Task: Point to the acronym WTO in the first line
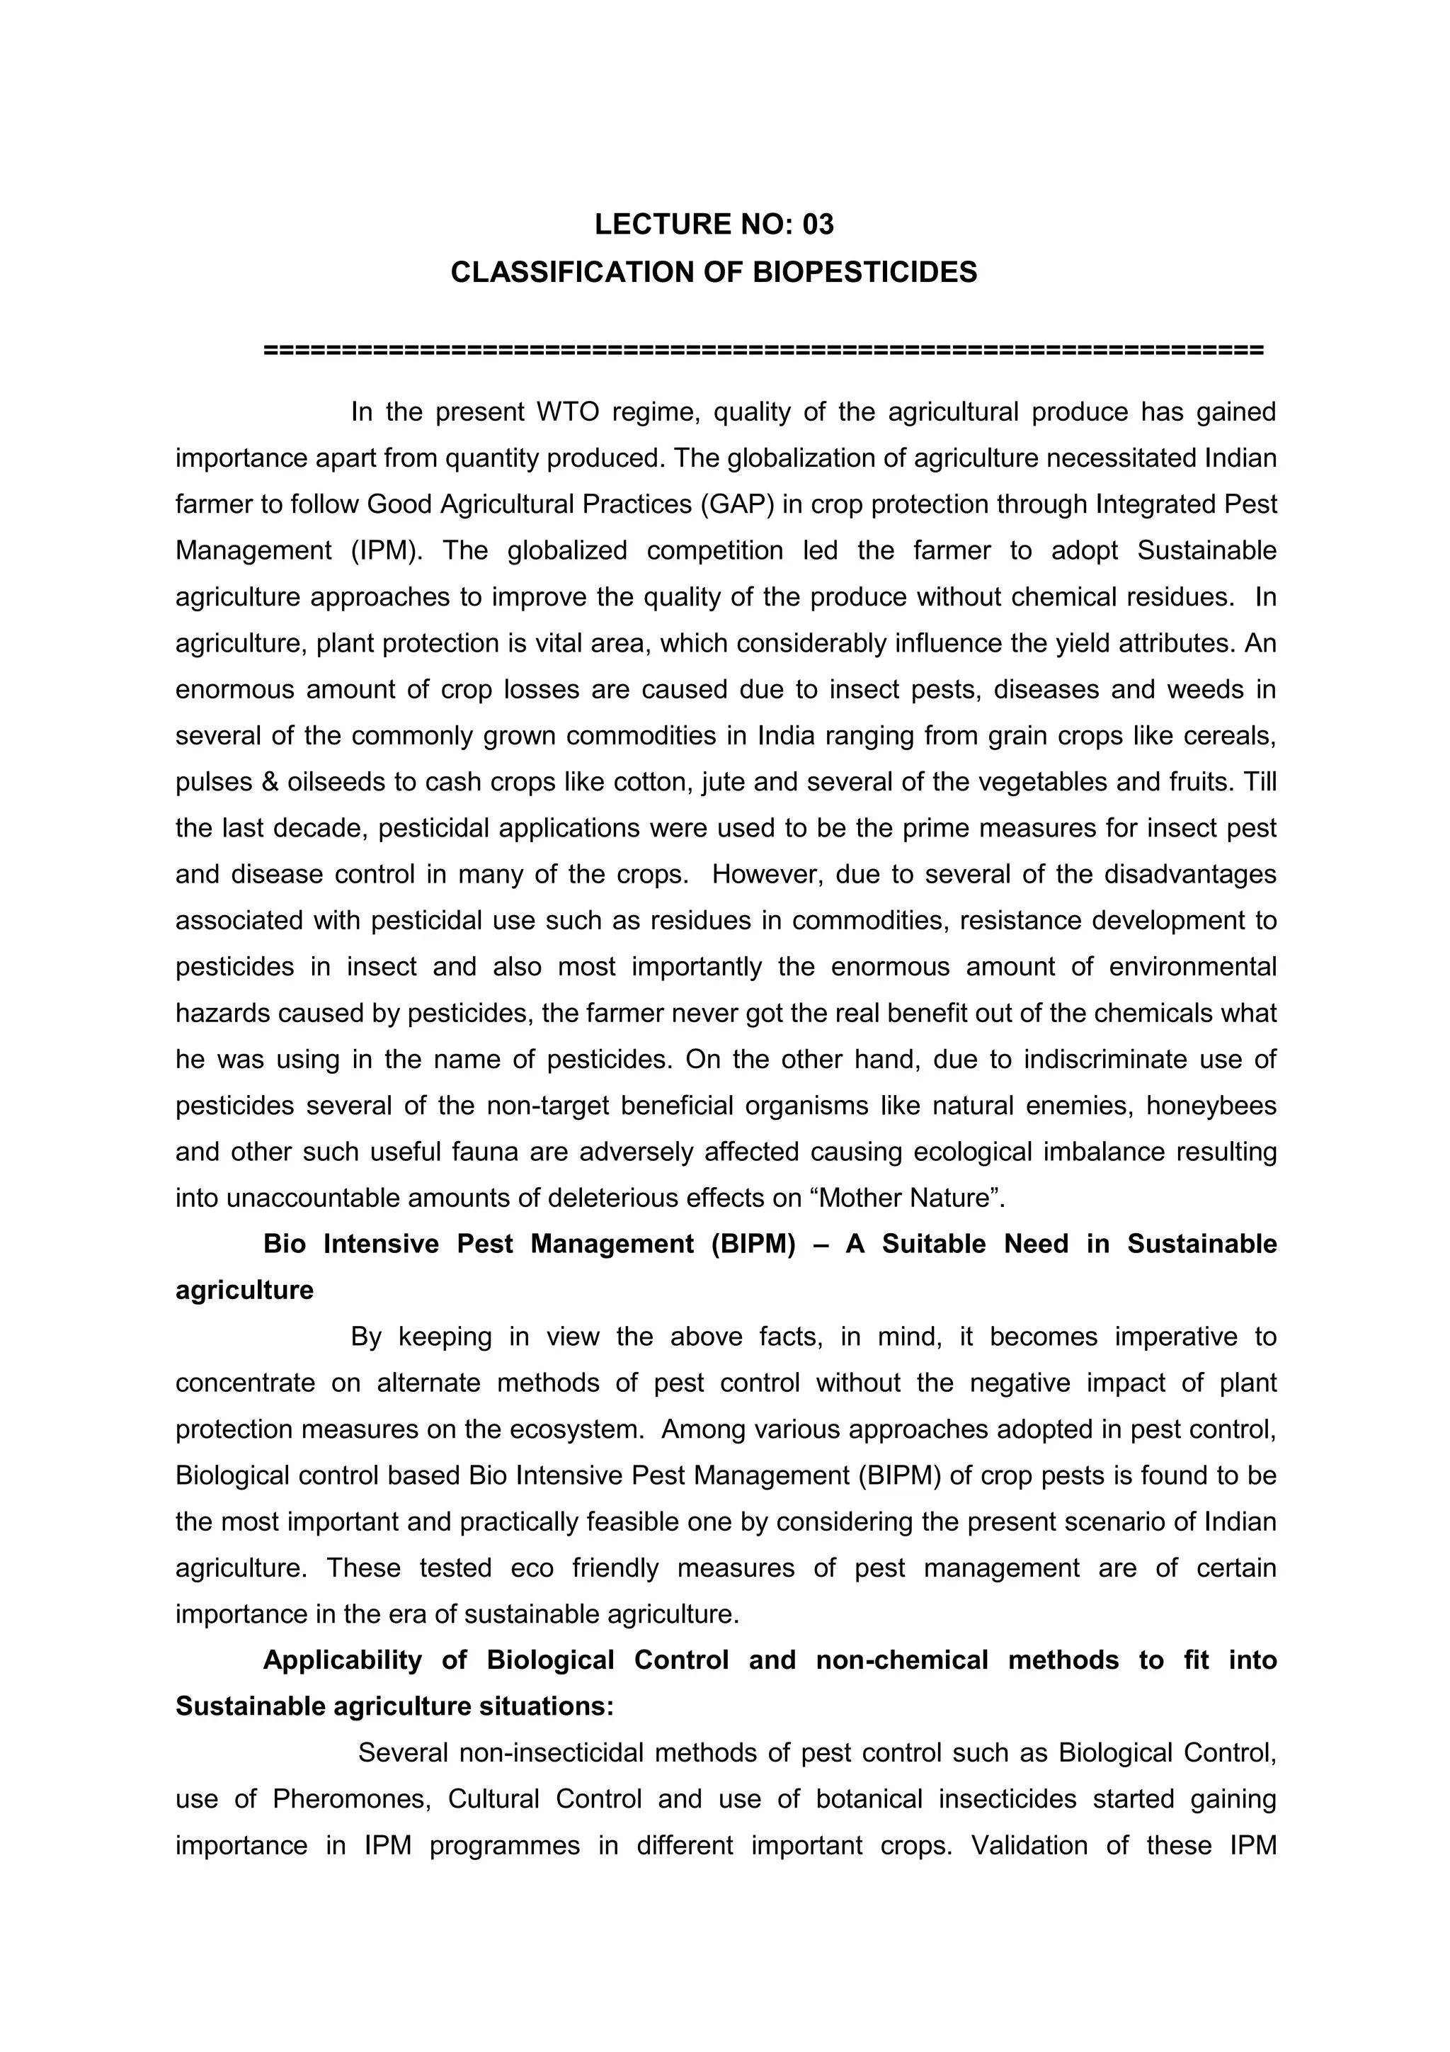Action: (559, 412)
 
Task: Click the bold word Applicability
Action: (342, 1660)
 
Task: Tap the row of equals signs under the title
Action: (764, 349)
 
